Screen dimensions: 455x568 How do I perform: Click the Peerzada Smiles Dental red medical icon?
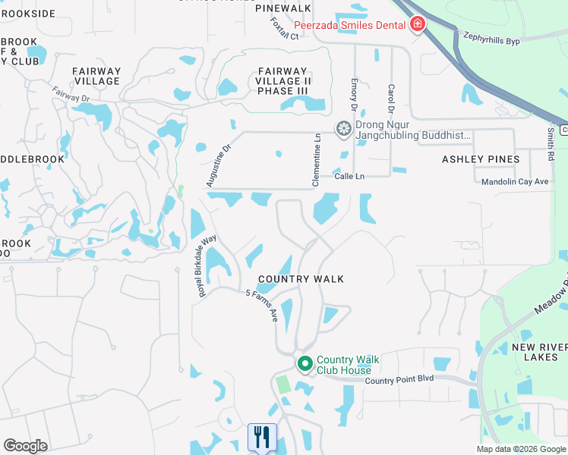coord(416,25)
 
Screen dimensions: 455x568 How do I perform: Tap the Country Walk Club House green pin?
coord(305,365)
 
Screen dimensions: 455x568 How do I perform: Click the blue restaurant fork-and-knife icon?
coord(262,436)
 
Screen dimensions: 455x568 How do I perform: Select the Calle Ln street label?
coord(349,176)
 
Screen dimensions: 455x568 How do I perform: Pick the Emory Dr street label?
coord(355,96)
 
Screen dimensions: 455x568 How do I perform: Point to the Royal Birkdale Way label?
coord(207,265)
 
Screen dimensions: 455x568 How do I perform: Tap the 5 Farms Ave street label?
coord(262,307)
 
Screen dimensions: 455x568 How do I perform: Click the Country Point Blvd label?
coord(399,380)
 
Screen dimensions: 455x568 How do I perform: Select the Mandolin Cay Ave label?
coord(515,182)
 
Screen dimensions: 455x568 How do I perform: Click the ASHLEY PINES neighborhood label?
coord(481,159)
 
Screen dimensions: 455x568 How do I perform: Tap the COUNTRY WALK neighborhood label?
coord(301,279)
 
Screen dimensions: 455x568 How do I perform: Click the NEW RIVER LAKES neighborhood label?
coord(539,352)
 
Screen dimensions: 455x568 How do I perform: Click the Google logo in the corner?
coord(25,446)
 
